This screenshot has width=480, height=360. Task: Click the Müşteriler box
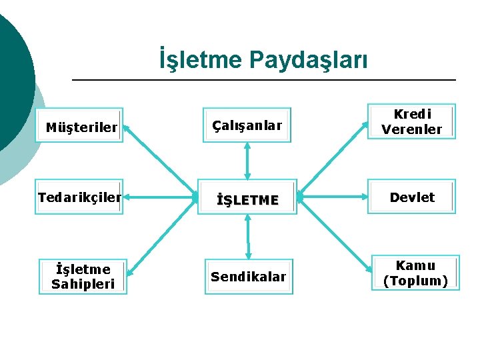pyautogui.click(x=81, y=126)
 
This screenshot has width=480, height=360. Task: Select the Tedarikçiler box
pyautogui.click(x=80, y=197)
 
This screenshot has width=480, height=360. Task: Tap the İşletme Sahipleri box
pyautogui.click(x=83, y=277)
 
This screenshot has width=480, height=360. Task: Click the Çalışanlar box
pyautogui.click(x=247, y=125)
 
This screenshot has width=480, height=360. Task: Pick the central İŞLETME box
pyautogui.click(x=247, y=198)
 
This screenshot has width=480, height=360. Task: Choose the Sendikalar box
pyautogui.click(x=248, y=276)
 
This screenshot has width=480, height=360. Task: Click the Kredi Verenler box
pyautogui.click(x=411, y=121)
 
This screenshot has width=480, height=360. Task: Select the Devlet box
pyautogui.click(x=411, y=197)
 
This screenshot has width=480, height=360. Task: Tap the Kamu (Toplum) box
pyautogui.click(x=415, y=273)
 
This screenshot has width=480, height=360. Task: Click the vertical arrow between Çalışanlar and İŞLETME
pyautogui.click(x=247, y=161)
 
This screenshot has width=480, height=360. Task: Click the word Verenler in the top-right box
pyautogui.click(x=411, y=129)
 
